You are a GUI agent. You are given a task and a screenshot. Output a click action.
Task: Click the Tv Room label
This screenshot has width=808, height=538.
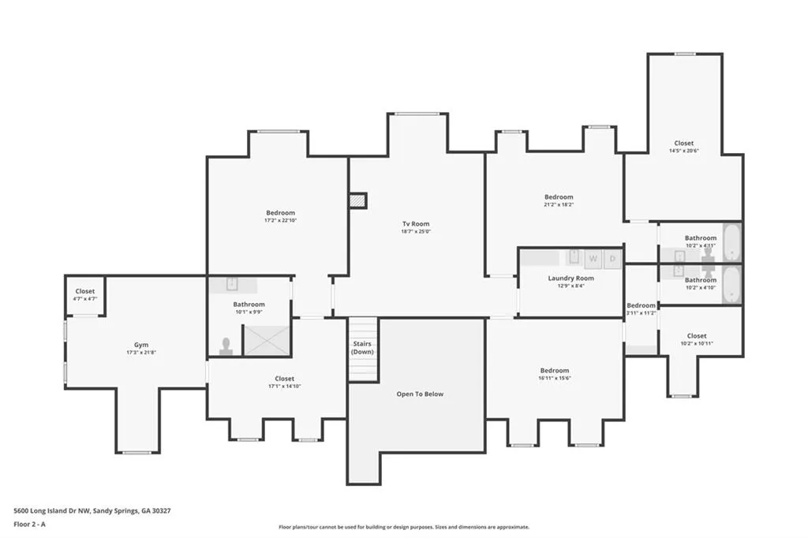(415, 224)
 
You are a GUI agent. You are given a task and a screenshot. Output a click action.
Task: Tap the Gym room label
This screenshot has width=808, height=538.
(141, 345)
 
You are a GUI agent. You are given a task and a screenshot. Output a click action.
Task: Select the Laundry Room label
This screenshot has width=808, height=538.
(570, 278)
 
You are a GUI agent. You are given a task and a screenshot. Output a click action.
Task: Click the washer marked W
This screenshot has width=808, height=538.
(593, 257)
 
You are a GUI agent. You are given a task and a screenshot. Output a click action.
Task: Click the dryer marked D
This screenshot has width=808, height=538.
(613, 257)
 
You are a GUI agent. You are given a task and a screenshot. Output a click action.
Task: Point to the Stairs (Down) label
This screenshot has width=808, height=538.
(362, 348)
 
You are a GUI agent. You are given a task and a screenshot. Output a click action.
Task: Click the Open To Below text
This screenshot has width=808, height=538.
(420, 394)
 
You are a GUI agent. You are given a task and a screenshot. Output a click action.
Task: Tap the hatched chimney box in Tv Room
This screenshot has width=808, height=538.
(358, 201)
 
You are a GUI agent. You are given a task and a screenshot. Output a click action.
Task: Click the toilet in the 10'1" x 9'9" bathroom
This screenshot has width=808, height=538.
(226, 346)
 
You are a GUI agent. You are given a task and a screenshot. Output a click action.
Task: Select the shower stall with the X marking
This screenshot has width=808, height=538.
(266, 338)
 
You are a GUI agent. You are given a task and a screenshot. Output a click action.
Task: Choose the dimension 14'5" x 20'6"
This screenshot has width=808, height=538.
(684, 151)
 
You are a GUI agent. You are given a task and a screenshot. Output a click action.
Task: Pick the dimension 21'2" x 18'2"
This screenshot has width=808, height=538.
(559, 204)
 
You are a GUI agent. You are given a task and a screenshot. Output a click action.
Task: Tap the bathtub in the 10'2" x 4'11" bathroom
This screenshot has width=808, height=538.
(731, 242)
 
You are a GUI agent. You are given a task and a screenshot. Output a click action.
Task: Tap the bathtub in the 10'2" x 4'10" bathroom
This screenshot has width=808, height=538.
(731, 284)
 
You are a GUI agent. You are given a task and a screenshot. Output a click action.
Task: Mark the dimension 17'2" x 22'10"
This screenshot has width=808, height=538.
(280, 221)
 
